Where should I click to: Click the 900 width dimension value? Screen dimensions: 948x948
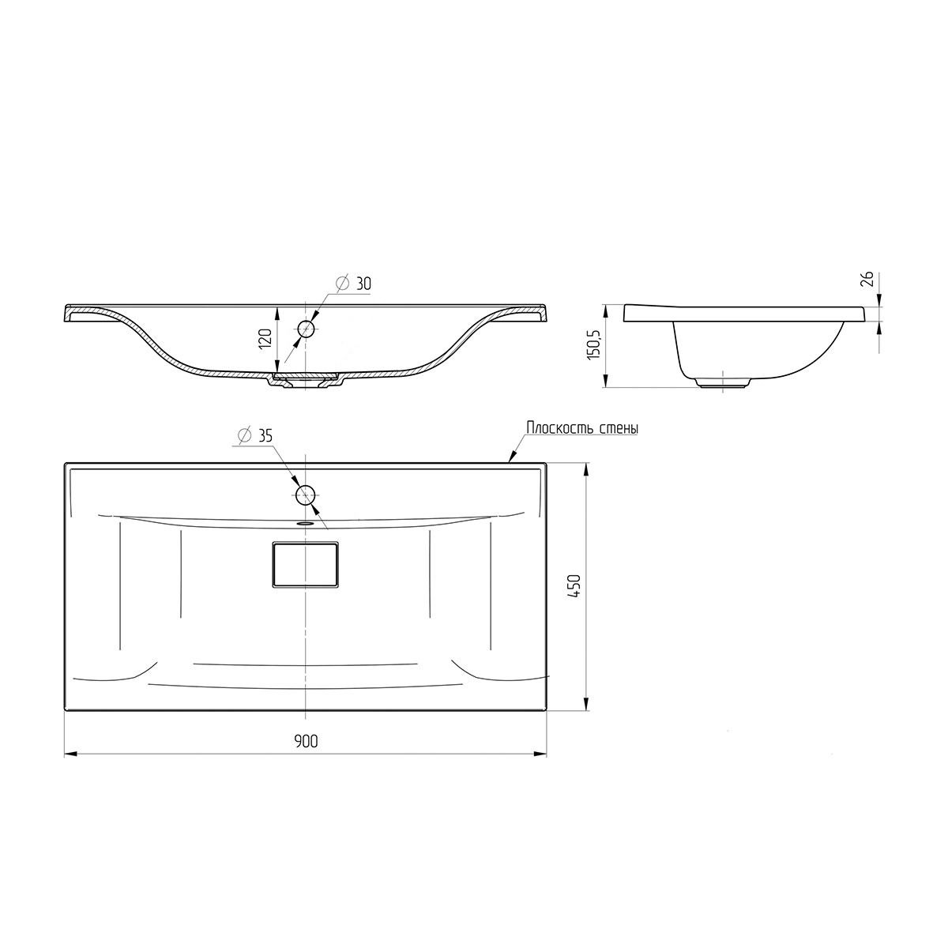[x=306, y=741]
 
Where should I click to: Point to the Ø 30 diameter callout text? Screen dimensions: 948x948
[x=353, y=284]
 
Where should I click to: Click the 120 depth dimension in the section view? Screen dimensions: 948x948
[x=265, y=339]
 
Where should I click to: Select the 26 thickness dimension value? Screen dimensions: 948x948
[x=867, y=278]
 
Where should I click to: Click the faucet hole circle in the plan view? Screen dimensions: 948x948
[x=305, y=495]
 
